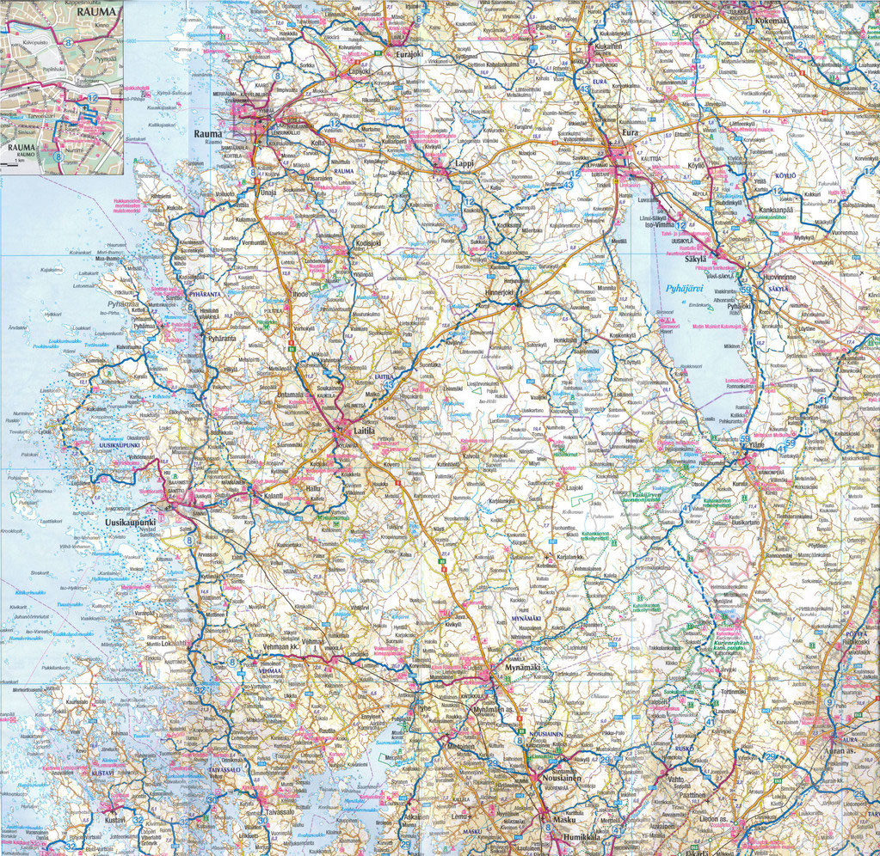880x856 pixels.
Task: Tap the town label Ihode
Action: point(300,294)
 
